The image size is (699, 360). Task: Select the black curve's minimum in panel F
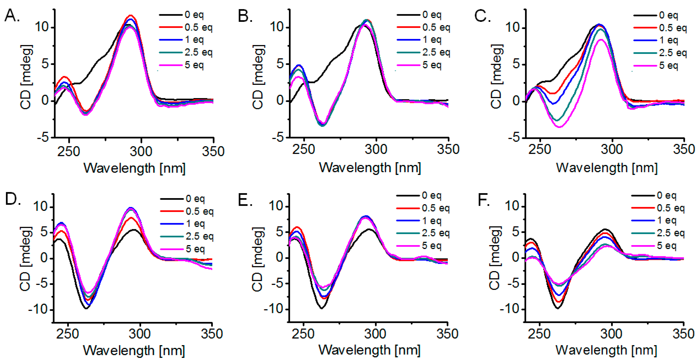click(558, 308)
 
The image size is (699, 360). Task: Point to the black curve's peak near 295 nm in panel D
click(134, 230)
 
